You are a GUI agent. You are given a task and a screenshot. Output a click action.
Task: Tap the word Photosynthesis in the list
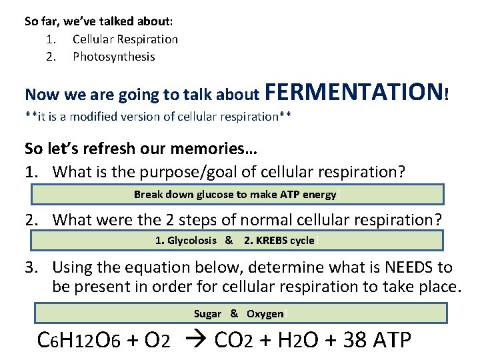point(113,57)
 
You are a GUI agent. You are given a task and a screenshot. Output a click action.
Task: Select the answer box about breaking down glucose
point(237,194)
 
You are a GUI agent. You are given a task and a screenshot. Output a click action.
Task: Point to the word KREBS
point(275,241)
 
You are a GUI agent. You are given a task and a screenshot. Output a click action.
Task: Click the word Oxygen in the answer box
point(265,314)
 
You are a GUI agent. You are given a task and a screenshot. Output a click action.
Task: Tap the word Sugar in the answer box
point(207,314)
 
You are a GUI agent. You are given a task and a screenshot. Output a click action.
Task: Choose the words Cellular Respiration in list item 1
point(125,39)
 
